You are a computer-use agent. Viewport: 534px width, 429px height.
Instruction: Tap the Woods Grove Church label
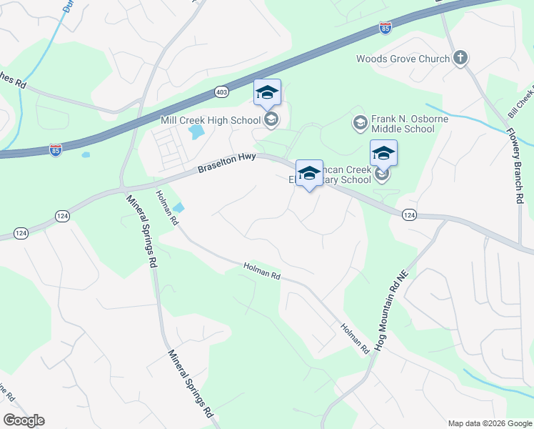pyautogui.click(x=403, y=59)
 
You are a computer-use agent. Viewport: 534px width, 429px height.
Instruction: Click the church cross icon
pyautogui.click(x=460, y=58)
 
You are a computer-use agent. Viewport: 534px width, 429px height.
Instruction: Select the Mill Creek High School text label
pyautogui.click(x=210, y=120)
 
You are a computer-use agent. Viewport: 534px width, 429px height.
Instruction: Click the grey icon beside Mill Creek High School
pyautogui.click(x=271, y=119)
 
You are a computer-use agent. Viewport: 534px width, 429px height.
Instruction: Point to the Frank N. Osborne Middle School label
pyautogui.click(x=403, y=124)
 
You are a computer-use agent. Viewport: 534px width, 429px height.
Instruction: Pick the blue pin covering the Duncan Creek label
pyautogui.click(x=309, y=174)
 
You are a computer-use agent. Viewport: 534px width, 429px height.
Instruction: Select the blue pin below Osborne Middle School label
pyautogui.click(x=383, y=154)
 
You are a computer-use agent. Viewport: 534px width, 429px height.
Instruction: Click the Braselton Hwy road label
pyautogui.click(x=226, y=164)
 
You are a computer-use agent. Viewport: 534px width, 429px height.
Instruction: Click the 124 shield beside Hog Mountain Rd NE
pyautogui.click(x=409, y=214)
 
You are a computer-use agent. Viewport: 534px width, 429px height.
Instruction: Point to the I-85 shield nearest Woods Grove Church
pyautogui.click(x=386, y=29)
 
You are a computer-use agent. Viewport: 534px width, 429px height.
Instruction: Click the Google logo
pyautogui.click(x=24, y=420)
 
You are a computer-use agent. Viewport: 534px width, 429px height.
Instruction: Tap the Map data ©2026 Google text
pyautogui.click(x=489, y=423)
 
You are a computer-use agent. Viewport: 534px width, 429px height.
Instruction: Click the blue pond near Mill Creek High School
pyautogui.click(x=194, y=132)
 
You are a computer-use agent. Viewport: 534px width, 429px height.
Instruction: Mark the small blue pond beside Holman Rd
pyautogui.click(x=178, y=208)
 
